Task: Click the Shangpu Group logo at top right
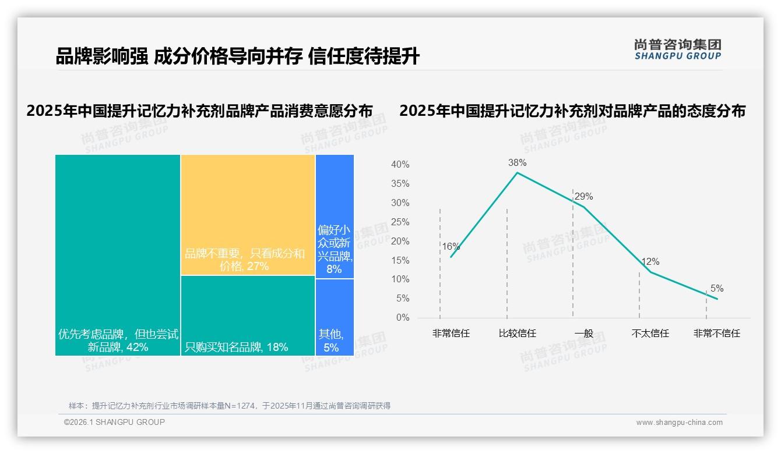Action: click(678, 49)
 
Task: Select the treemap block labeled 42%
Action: click(118, 254)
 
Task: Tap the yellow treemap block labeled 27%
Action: click(248, 214)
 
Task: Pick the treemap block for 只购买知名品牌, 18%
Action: click(248, 315)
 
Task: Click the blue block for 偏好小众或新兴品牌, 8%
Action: click(335, 217)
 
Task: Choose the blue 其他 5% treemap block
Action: click(335, 317)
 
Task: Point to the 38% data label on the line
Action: click(517, 162)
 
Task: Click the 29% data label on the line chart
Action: click(583, 196)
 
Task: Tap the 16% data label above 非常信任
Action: click(451, 246)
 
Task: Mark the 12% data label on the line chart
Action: click(650, 262)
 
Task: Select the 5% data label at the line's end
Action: click(716, 288)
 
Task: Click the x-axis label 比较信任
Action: click(517, 334)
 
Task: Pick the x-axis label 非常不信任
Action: click(716, 334)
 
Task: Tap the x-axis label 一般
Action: click(583, 334)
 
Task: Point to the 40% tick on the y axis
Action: click(400, 165)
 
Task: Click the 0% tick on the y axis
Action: click(402, 318)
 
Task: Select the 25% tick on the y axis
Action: click(400, 222)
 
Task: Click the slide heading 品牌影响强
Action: click(101, 56)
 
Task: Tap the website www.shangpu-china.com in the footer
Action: click(679, 423)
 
